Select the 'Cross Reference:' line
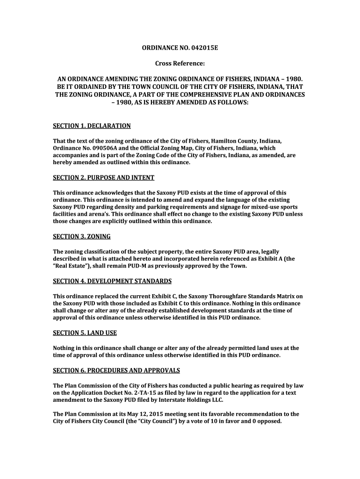tap(180, 63)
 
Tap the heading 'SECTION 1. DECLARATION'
tap(92, 126)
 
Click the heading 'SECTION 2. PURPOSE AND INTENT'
tap(103, 178)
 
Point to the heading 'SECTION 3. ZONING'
tap(82, 237)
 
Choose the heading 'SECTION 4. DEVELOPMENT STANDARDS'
tap(112, 281)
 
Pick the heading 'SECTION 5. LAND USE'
tap(85, 333)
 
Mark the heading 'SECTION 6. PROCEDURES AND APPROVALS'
tap(116, 370)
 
